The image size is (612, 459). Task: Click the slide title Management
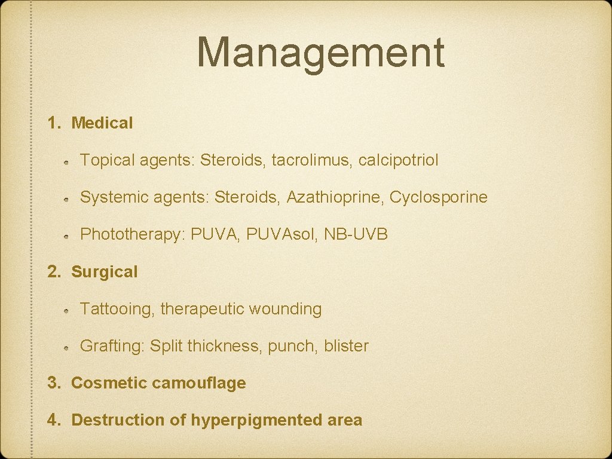[x=320, y=53]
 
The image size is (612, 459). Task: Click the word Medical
[x=102, y=123]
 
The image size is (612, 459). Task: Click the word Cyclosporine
[x=439, y=197]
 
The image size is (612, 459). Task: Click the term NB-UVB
[x=356, y=234]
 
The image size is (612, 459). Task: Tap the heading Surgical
[x=104, y=272]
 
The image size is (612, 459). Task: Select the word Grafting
[x=111, y=346]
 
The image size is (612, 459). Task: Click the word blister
[x=346, y=346]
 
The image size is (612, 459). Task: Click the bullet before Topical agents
[x=69, y=161]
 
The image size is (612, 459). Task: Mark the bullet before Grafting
[x=69, y=347]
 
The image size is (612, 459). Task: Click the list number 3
[x=54, y=383]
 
